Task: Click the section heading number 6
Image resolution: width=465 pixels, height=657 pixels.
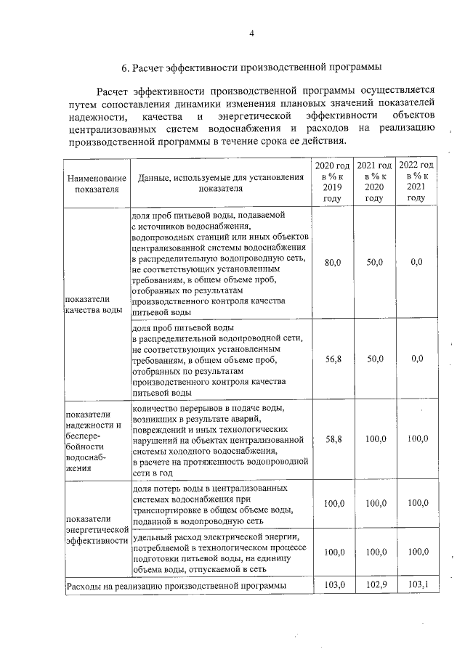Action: tap(124, 68)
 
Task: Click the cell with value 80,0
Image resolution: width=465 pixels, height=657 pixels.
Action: tap(332, 262)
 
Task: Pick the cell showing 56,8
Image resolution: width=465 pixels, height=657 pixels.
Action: tap(332, 358)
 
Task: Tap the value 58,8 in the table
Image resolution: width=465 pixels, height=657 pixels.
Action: tap(332, 439)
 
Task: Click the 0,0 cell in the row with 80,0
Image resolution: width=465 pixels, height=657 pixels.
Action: tap(416, 262)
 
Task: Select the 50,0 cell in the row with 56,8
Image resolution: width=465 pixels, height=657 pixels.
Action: tap(374, 358)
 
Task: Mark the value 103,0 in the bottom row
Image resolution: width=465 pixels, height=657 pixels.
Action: tap(332, 584)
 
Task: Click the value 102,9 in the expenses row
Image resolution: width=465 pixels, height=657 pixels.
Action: tap(374, 584)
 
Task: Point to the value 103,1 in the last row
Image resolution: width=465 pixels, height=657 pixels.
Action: tap(416, 584)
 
